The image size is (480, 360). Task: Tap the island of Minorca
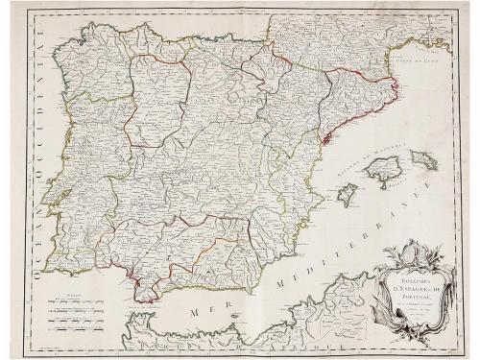click(424, 159)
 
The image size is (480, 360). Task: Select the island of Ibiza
click(348, 195)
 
